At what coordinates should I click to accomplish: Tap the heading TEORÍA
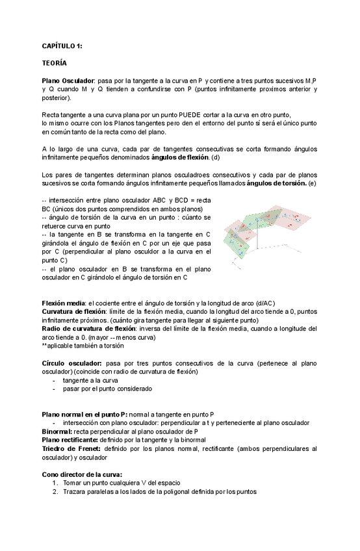[54, 64]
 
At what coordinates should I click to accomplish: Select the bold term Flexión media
[63, 303]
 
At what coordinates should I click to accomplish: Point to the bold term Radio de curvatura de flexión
[88, 329]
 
